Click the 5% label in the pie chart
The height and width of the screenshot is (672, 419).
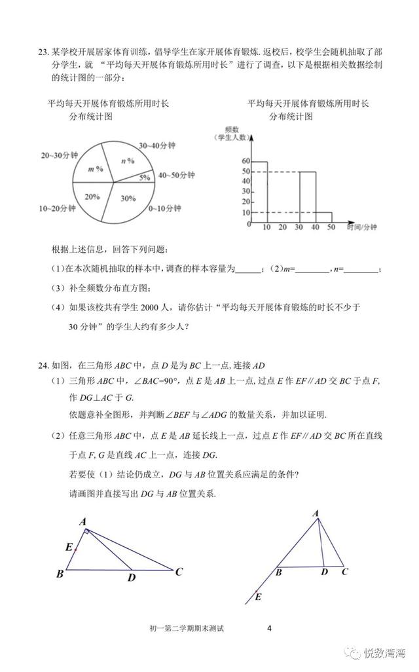(x=144, y=177)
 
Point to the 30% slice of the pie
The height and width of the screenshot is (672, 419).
(x=128, y=198)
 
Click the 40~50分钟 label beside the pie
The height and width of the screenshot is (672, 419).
(x=177, y=176)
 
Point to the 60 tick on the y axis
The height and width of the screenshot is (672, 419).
(x=246, y=161)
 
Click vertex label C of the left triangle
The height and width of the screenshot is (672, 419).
(x=178, y=571)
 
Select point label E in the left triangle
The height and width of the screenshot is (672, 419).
(x=69, y=547)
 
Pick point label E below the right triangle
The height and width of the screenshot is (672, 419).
(x=258, y=597)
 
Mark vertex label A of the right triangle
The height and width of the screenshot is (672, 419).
(x=316, y=513)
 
